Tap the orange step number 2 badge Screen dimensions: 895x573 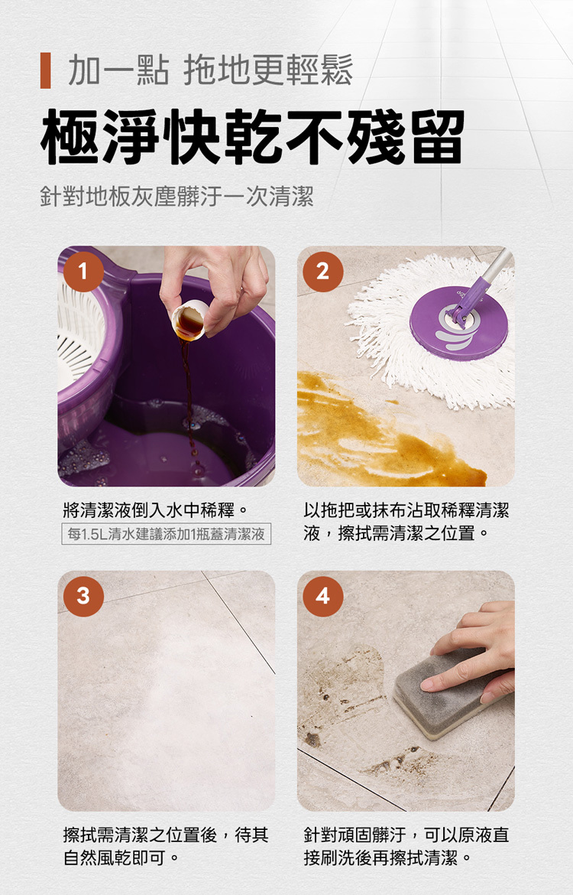point(322,272)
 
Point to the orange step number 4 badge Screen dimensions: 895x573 point(322,596)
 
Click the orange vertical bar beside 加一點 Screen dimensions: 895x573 point(45,70)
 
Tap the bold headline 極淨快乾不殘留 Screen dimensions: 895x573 point(252,137)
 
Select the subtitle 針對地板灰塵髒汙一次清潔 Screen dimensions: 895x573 point(176,198)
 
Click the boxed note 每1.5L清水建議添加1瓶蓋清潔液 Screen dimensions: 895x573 point(167,534)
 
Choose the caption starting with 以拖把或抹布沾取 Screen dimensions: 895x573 point(406,521)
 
